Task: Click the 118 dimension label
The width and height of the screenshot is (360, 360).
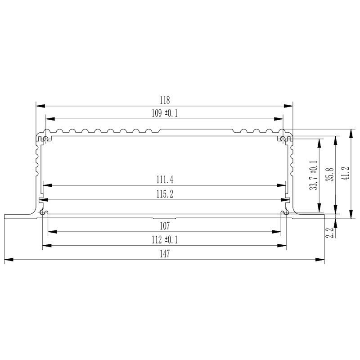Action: click(x=165, y=100)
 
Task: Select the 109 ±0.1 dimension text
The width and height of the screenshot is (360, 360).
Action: click(x=165, y=113)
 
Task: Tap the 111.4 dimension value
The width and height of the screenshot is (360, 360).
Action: click(x=165, y=180)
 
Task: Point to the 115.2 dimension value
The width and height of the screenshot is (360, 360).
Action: click(x=165, y=194)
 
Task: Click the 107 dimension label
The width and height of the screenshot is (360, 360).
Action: click(x=165, y=226)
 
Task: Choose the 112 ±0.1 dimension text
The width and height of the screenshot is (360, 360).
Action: click(x=165, y=240)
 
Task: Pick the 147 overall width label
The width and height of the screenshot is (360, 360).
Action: click(x=165, y=254)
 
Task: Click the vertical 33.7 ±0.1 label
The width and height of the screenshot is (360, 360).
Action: click(x=314, y=175)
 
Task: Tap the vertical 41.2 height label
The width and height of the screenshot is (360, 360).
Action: click(x=346, y=173)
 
